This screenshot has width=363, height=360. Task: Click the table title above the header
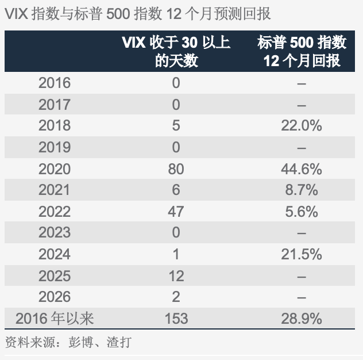[x=138, y=13]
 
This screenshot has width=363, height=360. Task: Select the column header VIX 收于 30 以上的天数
[x=176, y=51]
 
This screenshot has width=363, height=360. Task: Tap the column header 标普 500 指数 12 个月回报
[x=302, y=51]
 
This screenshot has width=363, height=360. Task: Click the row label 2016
[x=55, y=83]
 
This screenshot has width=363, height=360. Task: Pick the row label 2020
[x=55, y=168]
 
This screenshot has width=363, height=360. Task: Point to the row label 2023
[x=55, y=232]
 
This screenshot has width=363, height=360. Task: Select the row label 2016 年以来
[x=55, y=318]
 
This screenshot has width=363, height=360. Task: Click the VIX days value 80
[x=176, y=168]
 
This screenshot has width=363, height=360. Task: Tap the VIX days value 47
[x=176, y=211]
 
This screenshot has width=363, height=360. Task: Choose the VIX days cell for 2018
[x=176, y=125]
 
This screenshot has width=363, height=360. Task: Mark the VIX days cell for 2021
[x=176, y=190]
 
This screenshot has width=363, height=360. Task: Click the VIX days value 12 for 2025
[x=176, y=275]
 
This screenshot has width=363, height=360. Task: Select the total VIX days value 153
[x=176, y=318]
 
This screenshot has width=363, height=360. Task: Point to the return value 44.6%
[x=302, y=168]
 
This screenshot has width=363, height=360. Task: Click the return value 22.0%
[x=302, y=125]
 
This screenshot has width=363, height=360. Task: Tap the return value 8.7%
[x=302, y=190]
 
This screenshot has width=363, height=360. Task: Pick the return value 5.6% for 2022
[x=302, y=211]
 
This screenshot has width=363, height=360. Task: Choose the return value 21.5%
[x=302, y=254]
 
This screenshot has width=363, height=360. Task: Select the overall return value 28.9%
[x=302, y=318]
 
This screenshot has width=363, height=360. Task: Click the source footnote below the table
[x=68, y=343]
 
